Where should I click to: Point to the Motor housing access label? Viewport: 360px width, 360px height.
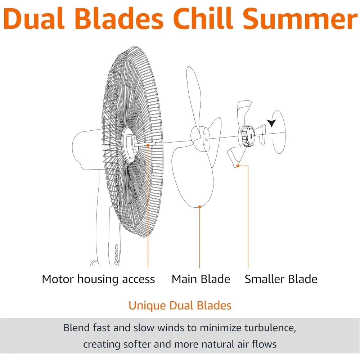point(98,279)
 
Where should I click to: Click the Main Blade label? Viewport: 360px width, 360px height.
point(201,279)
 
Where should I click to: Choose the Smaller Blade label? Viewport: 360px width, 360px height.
point(281,279)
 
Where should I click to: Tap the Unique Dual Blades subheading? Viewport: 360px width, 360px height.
point(180,306)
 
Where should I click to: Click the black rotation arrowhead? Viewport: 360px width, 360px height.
point(271,123)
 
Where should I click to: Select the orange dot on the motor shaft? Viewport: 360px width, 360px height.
point(148,145)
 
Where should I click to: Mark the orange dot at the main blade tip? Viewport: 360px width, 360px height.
point(199,207)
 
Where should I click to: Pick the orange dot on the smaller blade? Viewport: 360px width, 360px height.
point(238,166)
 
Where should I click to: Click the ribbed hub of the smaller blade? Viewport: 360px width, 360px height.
point(248,136)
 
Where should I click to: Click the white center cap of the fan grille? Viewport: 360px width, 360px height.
point(130,145)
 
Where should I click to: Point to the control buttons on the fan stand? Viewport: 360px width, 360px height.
point(116,255)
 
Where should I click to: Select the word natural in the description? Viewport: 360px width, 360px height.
point(219,345)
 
